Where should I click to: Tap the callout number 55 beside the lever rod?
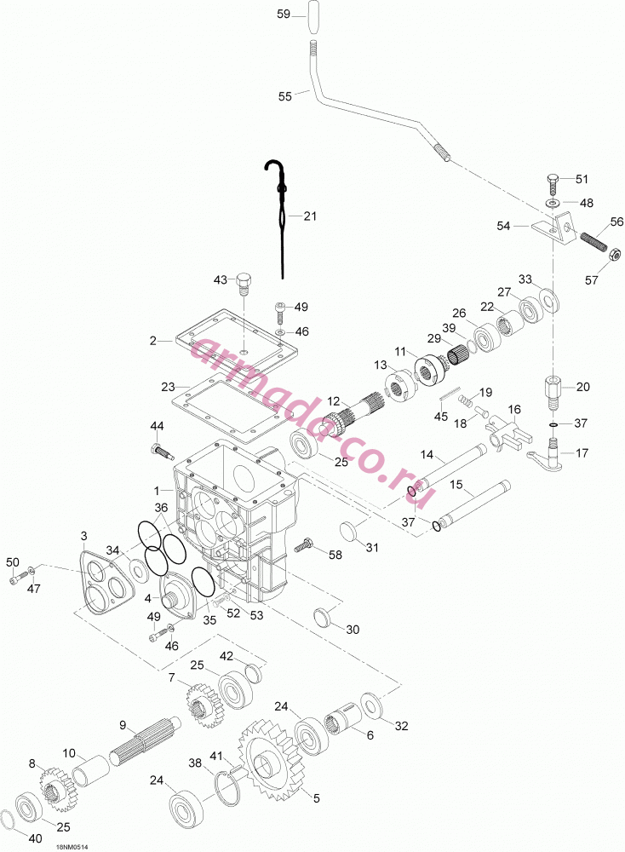tap(285, 96)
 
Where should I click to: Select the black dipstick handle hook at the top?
tap(272, 168)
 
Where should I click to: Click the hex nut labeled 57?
tap(613, 254)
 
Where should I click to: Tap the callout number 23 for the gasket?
tap(168, 387)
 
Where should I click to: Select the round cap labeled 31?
tap(351, 527)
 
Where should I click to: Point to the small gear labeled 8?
tap(57, 785)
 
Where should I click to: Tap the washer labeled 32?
tap(370, 705)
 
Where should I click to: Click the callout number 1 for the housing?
tap(157, 491)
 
